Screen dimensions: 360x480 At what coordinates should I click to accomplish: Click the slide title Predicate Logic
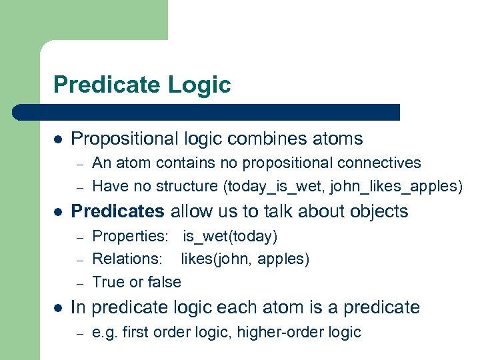(x=142, y=85)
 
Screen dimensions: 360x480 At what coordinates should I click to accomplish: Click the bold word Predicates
(x=117, y=211)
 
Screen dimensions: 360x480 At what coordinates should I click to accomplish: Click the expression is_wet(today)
(x=230, y=236)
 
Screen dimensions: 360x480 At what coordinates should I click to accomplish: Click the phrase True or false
(x=137, y=282)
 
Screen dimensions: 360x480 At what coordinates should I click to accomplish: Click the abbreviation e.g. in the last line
(x=105, y=332)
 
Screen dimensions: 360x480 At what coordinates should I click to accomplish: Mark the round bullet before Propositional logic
(x=58, y=139)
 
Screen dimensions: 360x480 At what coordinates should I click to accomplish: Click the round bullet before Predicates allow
(x=58, y=212)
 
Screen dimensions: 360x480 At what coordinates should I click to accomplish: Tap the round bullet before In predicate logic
(x=58, y=307)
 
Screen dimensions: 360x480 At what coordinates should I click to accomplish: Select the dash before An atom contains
(x=79, y=163)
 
